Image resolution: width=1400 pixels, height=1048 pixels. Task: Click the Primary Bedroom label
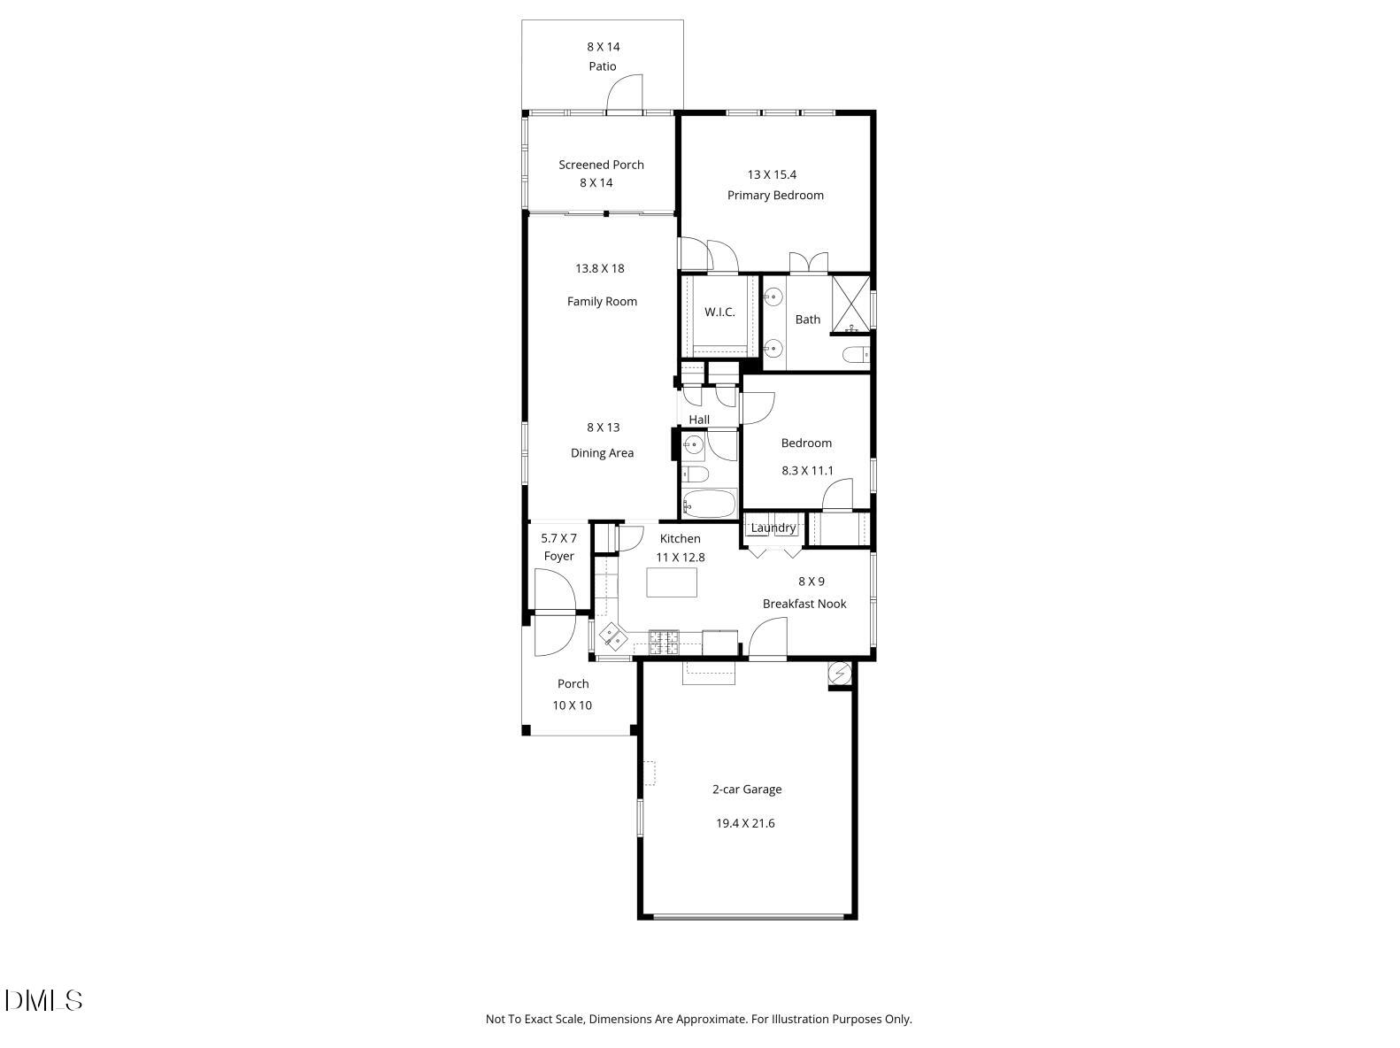click(775, 196)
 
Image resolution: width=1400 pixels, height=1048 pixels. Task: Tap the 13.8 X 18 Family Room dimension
click(600, 268)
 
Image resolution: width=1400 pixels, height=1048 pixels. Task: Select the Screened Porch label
click(601, 165)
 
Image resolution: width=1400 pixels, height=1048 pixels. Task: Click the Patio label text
click(603, 66)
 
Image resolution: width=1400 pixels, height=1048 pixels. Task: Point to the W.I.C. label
click(719, 312)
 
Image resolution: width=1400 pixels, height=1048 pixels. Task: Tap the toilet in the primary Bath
click(854, 356)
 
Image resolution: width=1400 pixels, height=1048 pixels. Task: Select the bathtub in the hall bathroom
click(710, 504)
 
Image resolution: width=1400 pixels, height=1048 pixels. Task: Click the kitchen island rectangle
click(672, 582)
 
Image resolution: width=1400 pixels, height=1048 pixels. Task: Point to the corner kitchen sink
click(612, 635)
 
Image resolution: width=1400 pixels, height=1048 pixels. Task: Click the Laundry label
click(773, 528)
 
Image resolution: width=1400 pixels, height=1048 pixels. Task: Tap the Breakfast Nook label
click(804, 604)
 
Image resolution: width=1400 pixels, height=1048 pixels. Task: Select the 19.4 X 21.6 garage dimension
click(745, 823)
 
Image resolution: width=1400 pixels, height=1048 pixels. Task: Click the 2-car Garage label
click(747, 790)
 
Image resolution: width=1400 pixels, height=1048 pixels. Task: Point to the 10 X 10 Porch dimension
click(572, 705)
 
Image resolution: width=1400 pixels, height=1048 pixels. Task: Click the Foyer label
click(559, 556)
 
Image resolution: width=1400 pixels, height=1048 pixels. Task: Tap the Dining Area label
click(602, 453)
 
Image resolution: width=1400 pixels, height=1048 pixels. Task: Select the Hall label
click(699, 420)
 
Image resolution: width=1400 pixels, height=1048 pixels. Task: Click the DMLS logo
click(43, 1000)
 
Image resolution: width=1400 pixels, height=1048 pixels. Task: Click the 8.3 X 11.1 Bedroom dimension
click(807, 471)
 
